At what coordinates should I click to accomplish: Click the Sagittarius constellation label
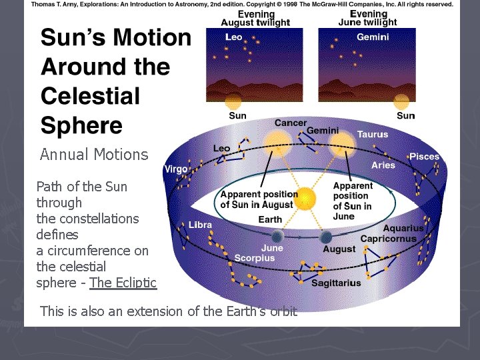coord(337,283)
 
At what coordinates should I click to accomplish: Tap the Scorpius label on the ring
coord(255,258)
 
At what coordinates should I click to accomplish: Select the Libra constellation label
coord(200,225)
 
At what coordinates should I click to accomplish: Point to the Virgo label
coord(176,169)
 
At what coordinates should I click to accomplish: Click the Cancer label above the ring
coord(291,123)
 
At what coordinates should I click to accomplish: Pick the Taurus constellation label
coord(372,135)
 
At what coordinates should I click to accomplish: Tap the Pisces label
coord(425,157)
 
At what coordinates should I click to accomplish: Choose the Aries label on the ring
coord(383,165)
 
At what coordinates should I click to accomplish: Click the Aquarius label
coord(403,229)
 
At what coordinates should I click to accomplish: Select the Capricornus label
coord(389,239)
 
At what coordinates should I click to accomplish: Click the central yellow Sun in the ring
coord(305,198)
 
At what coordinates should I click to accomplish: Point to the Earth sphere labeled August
coord(326,237)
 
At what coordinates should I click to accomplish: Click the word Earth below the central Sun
coord(270,219)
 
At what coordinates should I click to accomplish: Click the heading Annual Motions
coord(94,155)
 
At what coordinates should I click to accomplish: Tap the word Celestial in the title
coord(91,96)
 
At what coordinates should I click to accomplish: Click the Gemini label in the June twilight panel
coord(373,37)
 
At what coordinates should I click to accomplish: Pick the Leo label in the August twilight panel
coord(234,37)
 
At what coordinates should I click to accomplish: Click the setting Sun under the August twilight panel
coord(233,101)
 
